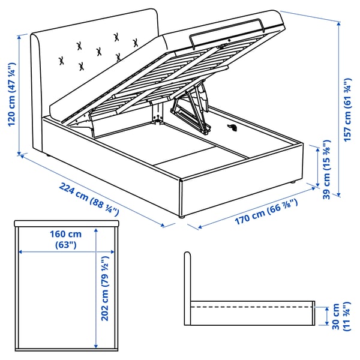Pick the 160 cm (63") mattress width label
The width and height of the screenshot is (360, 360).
[x=66, y=239]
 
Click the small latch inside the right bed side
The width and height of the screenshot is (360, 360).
[x=233, y=127]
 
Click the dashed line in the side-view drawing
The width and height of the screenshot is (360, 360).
[x=252, y=307]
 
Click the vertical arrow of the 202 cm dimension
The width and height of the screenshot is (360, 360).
[x=95, y=288]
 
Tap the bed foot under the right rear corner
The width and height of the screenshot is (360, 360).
[x=291, y=182]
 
